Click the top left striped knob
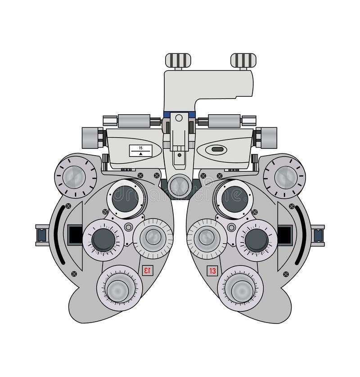click(179, 60)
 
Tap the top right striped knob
click(243, 60)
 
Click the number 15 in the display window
click(140, 148)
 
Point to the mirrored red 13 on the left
click(147, 270)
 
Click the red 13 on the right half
click(212, 271)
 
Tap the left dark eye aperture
click(126, 198)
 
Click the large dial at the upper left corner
click(76, 176)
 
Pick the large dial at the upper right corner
click(284, 176)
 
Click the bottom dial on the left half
click(120, 288)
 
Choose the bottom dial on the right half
click(240, 288)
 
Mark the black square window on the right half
click(285, 234)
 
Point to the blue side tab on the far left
click(42, 235)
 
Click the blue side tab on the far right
click(318, 235)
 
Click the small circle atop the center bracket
click(179, 118)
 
